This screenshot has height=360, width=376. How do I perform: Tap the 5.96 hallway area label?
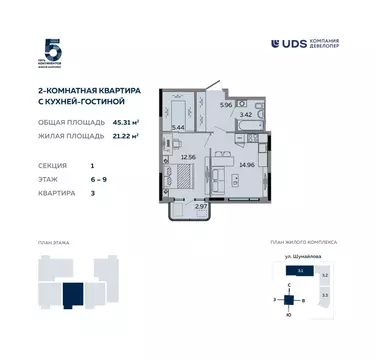[226, 105]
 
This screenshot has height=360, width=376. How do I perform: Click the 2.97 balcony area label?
[201, 205]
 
